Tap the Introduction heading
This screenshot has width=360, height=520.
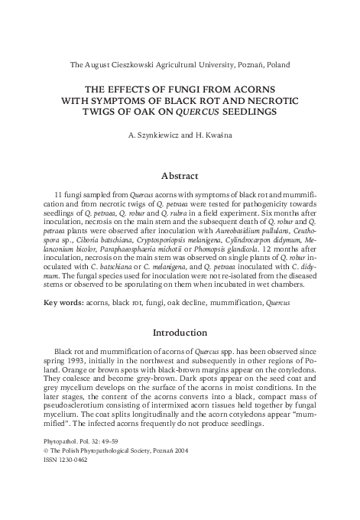[x=180, y=333]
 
